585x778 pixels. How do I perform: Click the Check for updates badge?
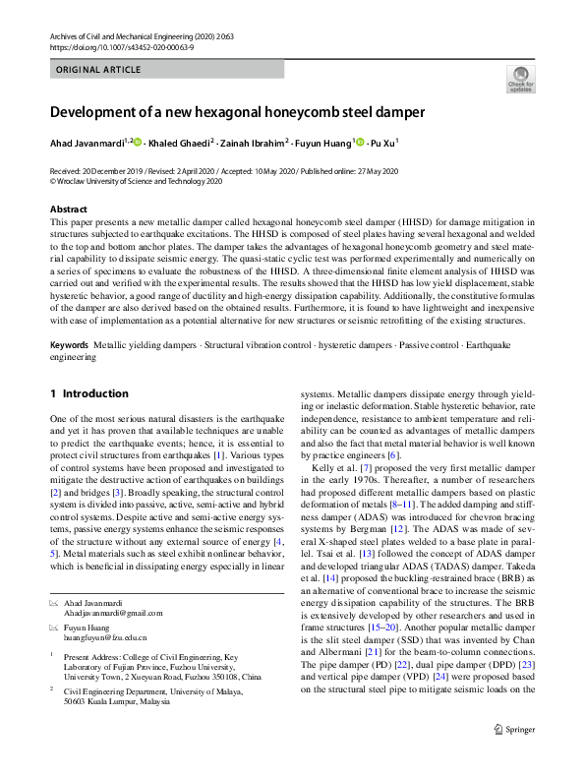(x=518, y=78)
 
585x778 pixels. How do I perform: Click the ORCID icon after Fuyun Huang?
(x=360, y=142)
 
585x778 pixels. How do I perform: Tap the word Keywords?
(x=69, y=346)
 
